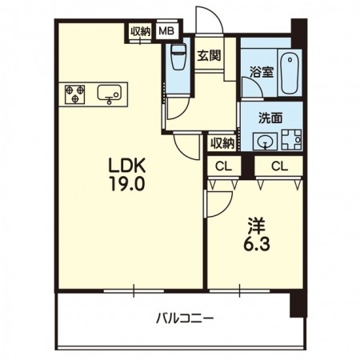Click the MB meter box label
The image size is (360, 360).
pyautogui.click(x=166, y=31)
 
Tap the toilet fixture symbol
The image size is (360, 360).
pyautogui.click(x=178, y=57)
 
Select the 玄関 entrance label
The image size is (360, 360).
pyautogui.click(x=209, y=56)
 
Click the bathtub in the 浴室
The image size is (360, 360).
pyautogui.click(x=290, y=73)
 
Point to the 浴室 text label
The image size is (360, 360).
pyautogui.click(x=262, y=71)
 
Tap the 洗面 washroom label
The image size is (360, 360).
pyautogui.click(x=270, y=118)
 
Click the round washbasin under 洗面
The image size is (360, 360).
pyautogui.click(x=265, y=141)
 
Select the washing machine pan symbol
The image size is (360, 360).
pyautogui.click(x=292, y=139)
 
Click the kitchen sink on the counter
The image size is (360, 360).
pyautogui.click(x=109, y=94)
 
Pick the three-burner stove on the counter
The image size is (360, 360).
pyautogui.click(x=75, y=94)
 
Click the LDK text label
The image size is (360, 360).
pyautogui.click(x=126, y=166)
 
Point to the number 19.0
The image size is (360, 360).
pyautogui.click(x=127, y=184)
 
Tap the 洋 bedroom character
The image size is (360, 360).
pyautogui.click(x=257, y=226)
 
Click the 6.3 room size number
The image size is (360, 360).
pyautogui.click(x=257, y=243)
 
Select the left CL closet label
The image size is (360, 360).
pyautogui.click(x=224, y=166)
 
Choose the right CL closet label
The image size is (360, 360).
pyautogui.click(x=279, y=166)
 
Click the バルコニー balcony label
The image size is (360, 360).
pyautogui.click(x=185, y=318)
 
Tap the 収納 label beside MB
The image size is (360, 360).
pyautogui.click(x=140, y=31)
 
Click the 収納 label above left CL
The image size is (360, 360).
pyautogui.click(x=222, y=144)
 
